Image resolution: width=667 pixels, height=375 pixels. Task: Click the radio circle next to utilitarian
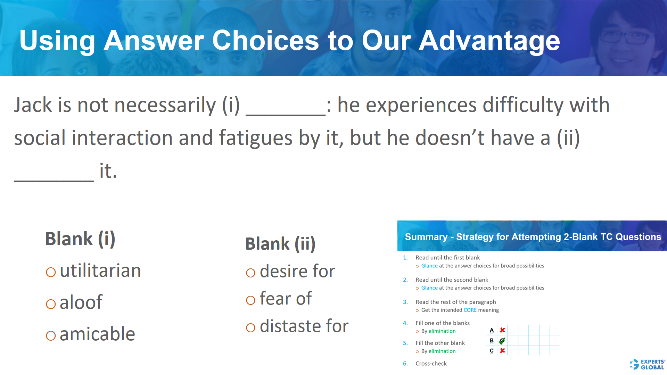(x=51, y=272)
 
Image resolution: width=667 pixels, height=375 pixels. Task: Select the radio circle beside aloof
(x=51, y=304)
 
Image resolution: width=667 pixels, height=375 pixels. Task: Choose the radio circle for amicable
(x=51, y=336)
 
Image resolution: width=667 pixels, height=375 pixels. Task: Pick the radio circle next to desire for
(x=250, y=273)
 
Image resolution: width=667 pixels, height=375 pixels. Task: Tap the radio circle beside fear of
(x=250, y=300)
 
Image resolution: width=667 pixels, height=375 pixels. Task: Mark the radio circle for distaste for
(x=250, y=327)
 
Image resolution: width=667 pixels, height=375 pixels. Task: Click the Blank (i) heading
(x=80, y=239)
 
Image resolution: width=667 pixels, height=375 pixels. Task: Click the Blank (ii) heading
(x=280, y=244)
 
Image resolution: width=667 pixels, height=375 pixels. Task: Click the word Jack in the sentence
(x=33, y=105)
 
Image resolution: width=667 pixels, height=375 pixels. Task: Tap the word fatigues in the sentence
(x=255, y=138)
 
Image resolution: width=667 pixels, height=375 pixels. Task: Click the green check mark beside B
(x=502, y=341)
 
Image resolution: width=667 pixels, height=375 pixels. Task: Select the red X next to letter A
(x=502, y=330)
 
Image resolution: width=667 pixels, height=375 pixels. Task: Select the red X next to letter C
(x=502, y=351)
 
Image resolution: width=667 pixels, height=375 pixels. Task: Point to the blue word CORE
(x=470, y=310)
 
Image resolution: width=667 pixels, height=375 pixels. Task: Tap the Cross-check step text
(x=431, y=364)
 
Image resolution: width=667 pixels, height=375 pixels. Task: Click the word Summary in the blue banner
(x=426, y=237)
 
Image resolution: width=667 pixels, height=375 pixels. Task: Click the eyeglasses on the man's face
(x=625, y=37)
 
